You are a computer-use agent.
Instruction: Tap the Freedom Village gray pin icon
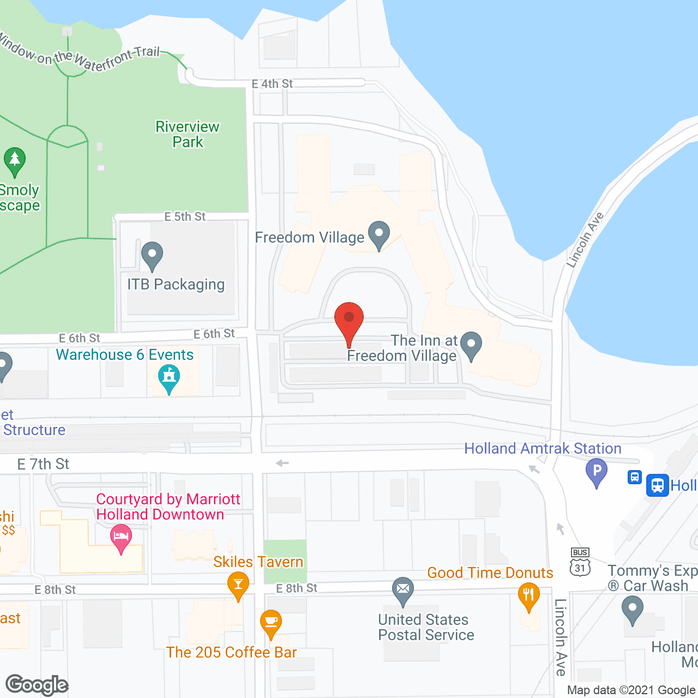coord(379,234)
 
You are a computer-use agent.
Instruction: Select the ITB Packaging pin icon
coord(152,255)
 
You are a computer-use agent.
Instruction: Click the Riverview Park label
coord(188,134)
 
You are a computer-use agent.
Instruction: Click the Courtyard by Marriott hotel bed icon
coord(121,537)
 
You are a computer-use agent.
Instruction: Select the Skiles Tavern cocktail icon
coord(238,584)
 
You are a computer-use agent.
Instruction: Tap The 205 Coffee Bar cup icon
coord(271,622)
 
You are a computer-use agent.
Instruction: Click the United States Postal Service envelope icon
coord(403,590)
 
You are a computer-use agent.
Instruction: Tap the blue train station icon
coord(658,485)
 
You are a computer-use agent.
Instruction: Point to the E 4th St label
coord(272,84)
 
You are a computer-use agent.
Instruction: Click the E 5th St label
coord(185,216)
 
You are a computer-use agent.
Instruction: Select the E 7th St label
coord(43,464)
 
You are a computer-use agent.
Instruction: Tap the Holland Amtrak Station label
coord(543,448)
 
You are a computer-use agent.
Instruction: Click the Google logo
coord(37,685)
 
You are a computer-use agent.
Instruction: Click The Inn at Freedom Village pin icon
coord(471,345)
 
